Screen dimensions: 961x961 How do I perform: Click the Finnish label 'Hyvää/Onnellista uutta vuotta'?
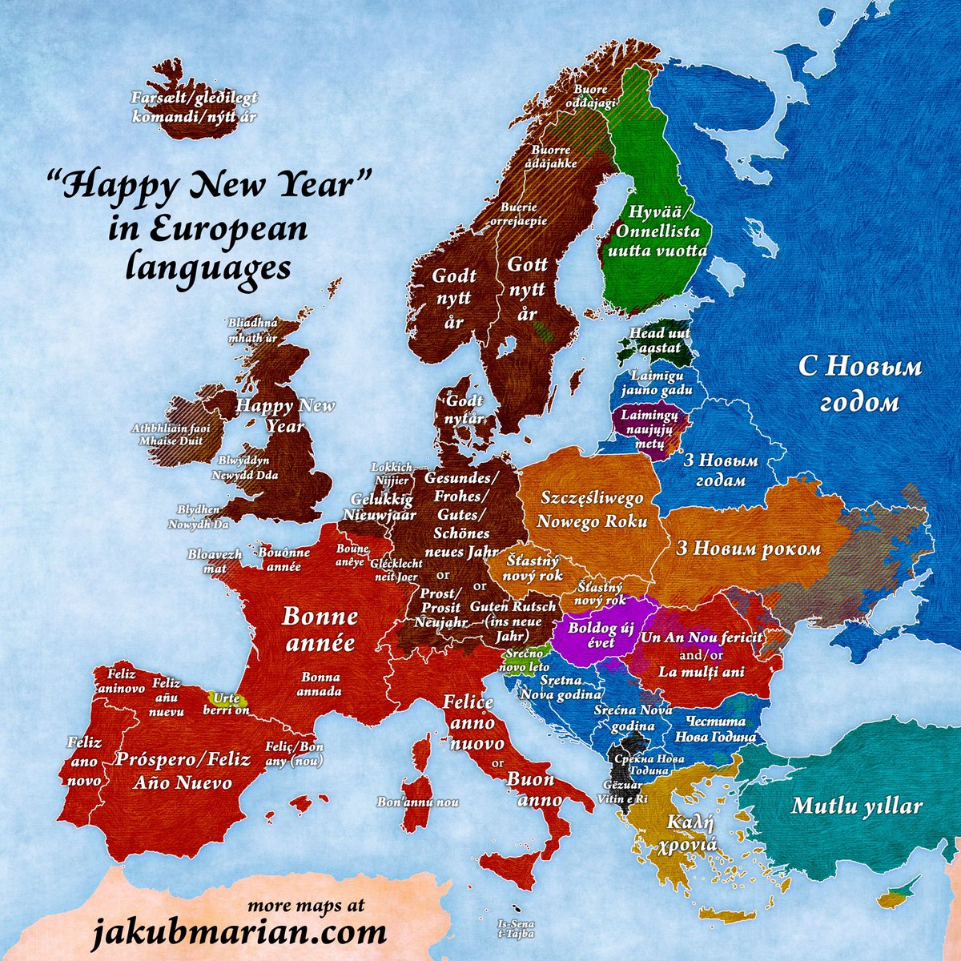pyautogui.click(x=657, y=232)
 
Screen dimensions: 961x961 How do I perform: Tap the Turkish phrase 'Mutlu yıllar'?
pyautogui.click(x=857, y=806)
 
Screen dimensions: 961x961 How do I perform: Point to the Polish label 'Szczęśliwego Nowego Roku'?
pyautogui.click(x=592, y=510)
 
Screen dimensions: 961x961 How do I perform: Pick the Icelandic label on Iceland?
pyautogui.click(x=195, y=107)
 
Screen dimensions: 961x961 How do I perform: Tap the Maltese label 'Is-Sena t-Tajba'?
pyautogui.click(x=515, y=927)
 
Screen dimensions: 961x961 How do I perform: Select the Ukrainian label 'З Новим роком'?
pyautogui.click(x=748, y=549)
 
